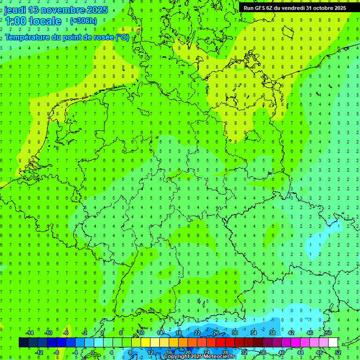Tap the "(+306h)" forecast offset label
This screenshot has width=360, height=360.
click(x=83, y=21)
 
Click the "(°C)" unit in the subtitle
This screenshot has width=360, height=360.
click(x=122, y=37)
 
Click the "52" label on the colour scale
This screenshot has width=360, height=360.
click(x=338, y=352)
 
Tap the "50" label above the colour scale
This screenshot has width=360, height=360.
click(x=328, y=333)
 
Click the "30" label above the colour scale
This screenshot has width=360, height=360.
click(x=234, y=333)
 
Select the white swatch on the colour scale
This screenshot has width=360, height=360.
click(x=333, y=343)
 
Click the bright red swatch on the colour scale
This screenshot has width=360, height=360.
click(x=220, y=343)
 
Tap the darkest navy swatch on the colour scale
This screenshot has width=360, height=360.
click(x=23, y=343)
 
